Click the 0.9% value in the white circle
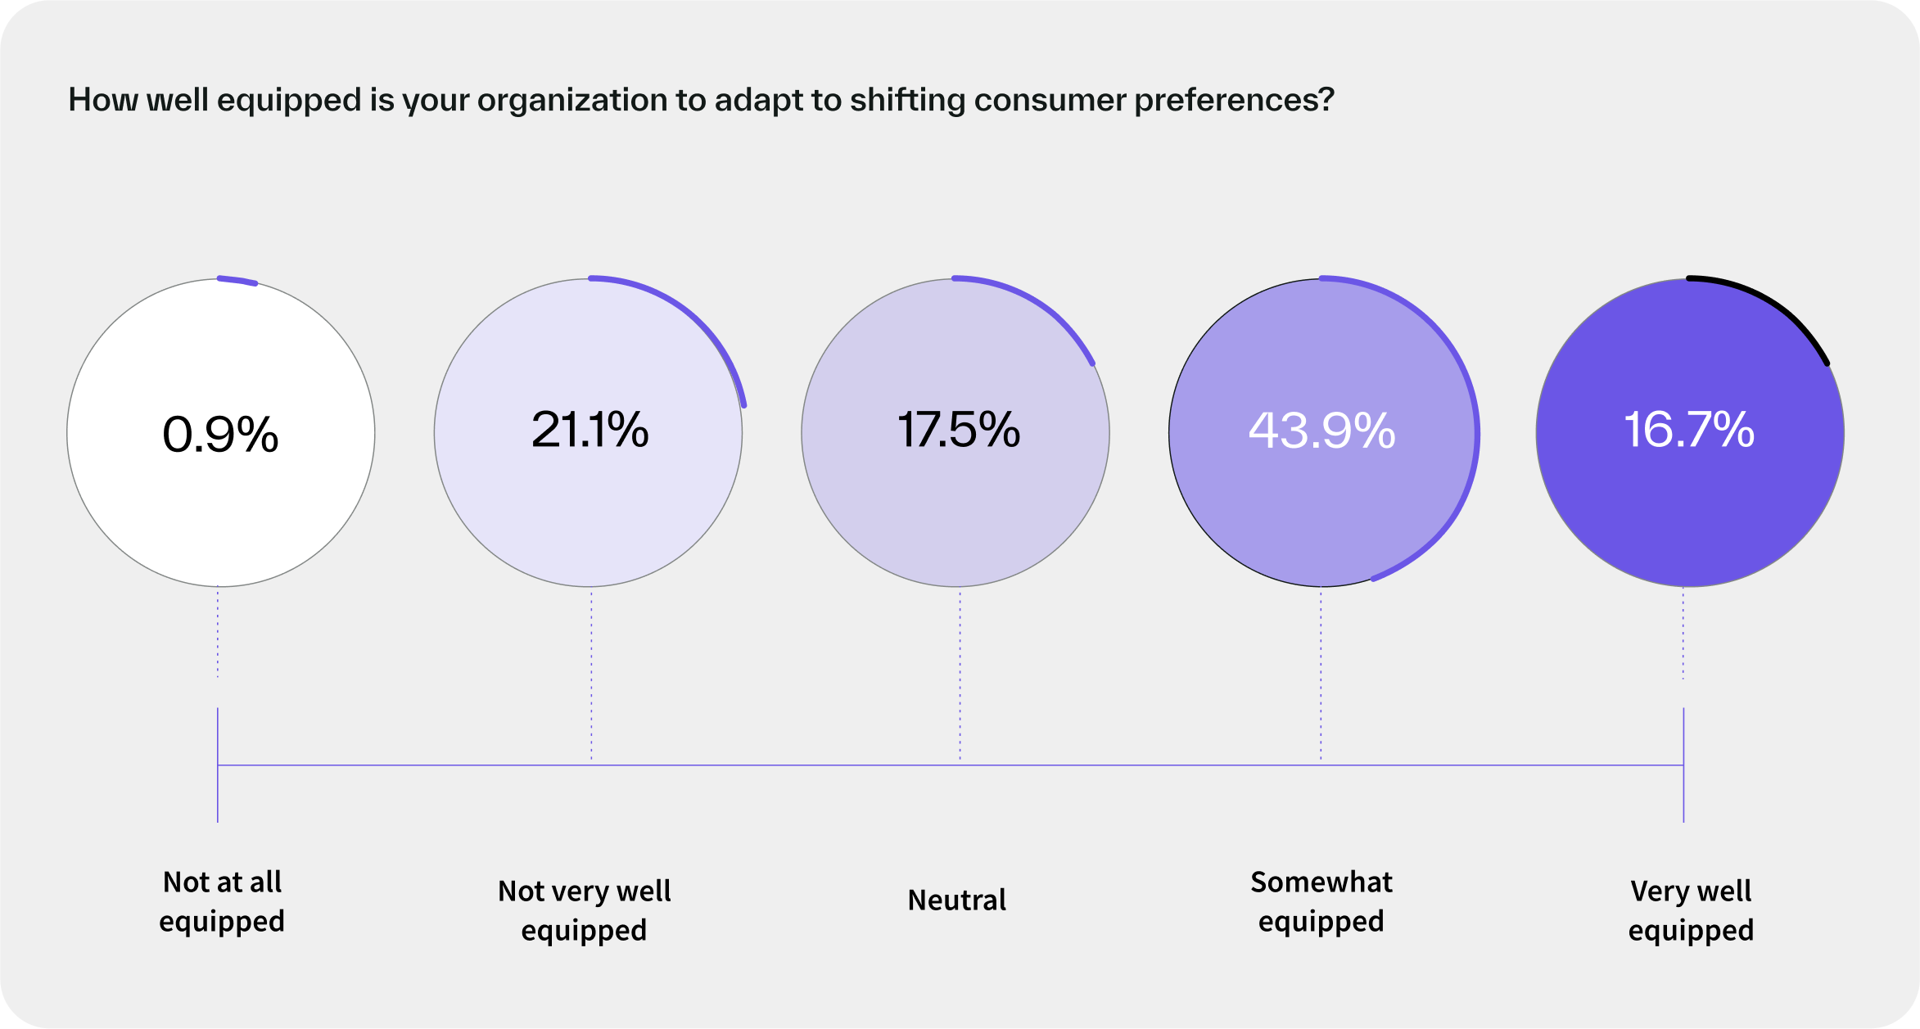(220, 434)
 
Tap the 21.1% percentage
(590, 430)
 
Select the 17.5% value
(959, 430)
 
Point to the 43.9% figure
(1321, 431)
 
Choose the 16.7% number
(1689, 430)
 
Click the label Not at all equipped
(222, 901)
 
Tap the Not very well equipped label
(584, 910)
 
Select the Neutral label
(956, 900)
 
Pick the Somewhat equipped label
(1321, 901)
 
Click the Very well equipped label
(1691, 910)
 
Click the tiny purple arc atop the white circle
(237, 281)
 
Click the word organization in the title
(570, 100)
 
